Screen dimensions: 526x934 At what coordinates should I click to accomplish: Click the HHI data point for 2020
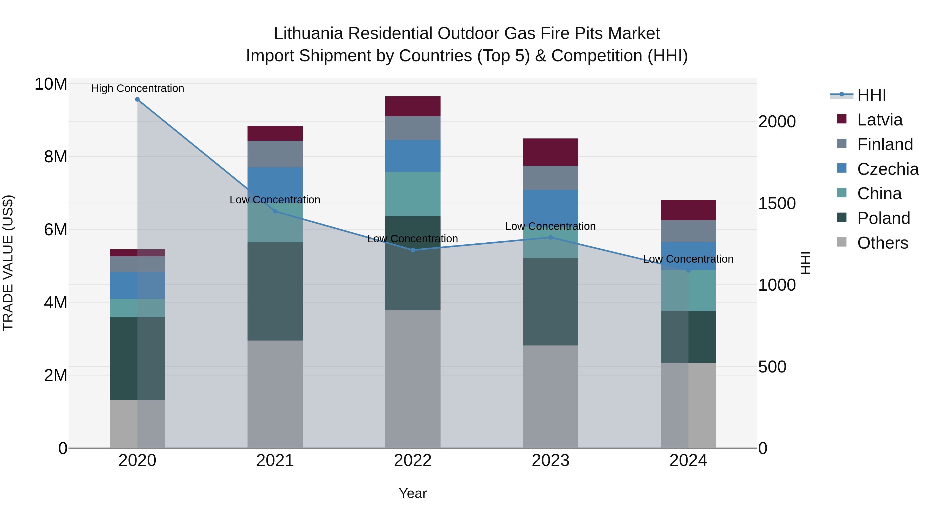coord(138,99)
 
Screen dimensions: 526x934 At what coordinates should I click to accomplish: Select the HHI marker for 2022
coord(413,250)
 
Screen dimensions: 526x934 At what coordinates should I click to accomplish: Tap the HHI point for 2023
coord(550,237)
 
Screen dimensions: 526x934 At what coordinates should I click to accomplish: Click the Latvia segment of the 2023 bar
coord(550,152)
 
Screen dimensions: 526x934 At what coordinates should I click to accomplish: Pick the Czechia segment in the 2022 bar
coord(413,156)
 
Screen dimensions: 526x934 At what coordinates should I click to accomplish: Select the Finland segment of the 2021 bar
coord(275,154)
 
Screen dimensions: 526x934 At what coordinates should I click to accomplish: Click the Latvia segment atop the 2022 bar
coord(413,106)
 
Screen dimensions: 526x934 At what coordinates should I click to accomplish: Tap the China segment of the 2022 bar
coord(413,194)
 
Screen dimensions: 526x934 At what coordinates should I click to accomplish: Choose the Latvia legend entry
coord(880,120)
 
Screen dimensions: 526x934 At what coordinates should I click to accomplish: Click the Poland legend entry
coord(883,218)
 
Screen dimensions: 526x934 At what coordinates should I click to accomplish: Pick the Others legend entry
coord(883,243)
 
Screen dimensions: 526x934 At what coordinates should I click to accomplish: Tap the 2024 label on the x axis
coord(688,461)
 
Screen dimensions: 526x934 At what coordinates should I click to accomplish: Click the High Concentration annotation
coord(138,88)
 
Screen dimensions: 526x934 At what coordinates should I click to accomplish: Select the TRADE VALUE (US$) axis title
coord(8,263)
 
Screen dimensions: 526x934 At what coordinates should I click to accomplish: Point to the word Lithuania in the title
coord(308,34)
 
